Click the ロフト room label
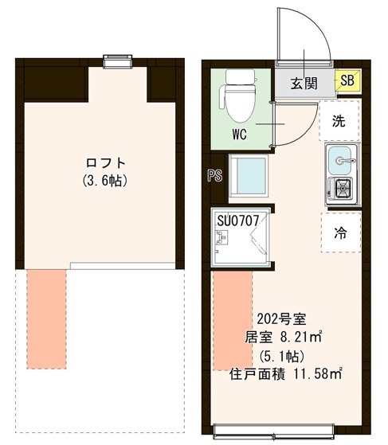pos(104,163)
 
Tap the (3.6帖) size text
pos(104,181)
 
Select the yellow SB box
pos(347,80)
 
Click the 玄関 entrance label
pos(304,82)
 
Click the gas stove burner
pos(343,189)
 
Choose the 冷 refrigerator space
pos(339,232)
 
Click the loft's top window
pos(117,60)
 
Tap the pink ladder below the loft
pos(46,319)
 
